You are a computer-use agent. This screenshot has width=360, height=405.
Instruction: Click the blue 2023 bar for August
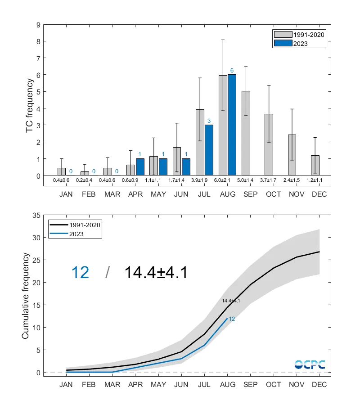[232, 125]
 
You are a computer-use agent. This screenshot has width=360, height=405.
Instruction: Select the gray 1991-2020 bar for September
[246, 133]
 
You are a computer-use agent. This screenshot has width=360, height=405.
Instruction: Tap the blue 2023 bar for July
[209, 150]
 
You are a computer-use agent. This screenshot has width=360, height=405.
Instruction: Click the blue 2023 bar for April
[140, 166]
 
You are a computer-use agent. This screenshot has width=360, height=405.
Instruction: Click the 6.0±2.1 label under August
[228, 180]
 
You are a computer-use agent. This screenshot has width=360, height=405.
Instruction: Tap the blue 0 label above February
[94, 171]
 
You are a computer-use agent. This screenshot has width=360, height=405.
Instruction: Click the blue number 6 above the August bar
[232, 71]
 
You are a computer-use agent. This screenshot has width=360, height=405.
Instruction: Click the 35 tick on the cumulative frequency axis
[36, 215]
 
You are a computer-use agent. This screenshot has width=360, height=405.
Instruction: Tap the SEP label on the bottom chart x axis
[250, 384]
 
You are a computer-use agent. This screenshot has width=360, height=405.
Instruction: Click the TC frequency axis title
[30, 106]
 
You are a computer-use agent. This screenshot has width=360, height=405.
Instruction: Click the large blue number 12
[81, 272]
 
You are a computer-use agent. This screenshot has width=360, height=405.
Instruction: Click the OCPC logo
[310, 364]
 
